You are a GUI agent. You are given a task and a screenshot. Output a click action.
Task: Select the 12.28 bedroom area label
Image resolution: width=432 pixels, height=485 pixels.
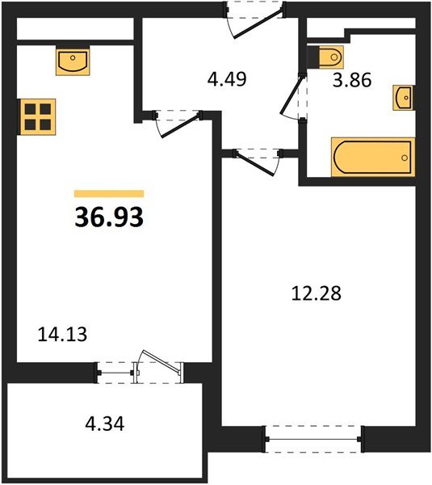coord(317,293)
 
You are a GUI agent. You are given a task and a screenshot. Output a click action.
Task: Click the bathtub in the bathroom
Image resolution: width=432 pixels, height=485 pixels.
coord(372,157)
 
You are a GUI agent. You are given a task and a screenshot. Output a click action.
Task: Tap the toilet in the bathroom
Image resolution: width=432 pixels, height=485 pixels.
coord(329,58)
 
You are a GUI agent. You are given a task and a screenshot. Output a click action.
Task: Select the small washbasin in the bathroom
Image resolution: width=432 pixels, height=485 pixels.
coord(403,97)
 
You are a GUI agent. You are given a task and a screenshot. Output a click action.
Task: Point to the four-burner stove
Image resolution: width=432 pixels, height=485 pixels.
coord(38,116)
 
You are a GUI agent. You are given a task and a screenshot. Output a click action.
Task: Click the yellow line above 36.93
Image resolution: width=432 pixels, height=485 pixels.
coord(109,194)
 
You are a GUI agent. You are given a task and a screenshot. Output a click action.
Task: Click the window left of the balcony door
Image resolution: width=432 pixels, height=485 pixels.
coord(115,372)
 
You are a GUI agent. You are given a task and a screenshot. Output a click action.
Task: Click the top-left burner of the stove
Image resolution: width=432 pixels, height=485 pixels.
coord(31,108)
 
